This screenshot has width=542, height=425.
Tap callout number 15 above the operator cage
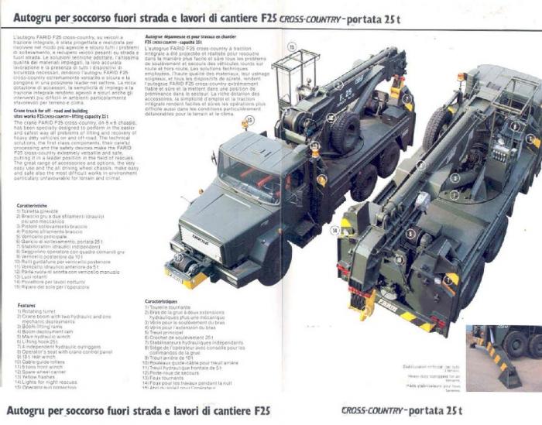tap(291, 46)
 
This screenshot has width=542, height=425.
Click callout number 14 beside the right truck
tap(335, 230)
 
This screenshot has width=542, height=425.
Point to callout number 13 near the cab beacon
tap(245, 122)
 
